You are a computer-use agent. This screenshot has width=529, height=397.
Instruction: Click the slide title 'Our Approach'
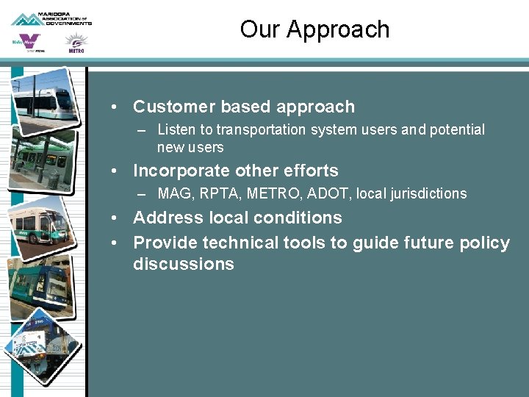pyautogui.click(x=314, y=29)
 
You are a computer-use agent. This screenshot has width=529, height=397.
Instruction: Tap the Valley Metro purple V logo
pyautogui.click(x=27, y=43)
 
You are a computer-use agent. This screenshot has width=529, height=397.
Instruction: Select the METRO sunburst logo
pyautogui.click(x=76, y=43)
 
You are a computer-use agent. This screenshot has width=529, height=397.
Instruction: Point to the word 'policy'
pyautogui.click(x=483, y=243)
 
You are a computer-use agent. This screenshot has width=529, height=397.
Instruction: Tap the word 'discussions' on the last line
pyautogui.click(x=183, y=264)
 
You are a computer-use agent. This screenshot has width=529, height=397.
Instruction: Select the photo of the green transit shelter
pyautogui.click(x=43, y=159)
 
